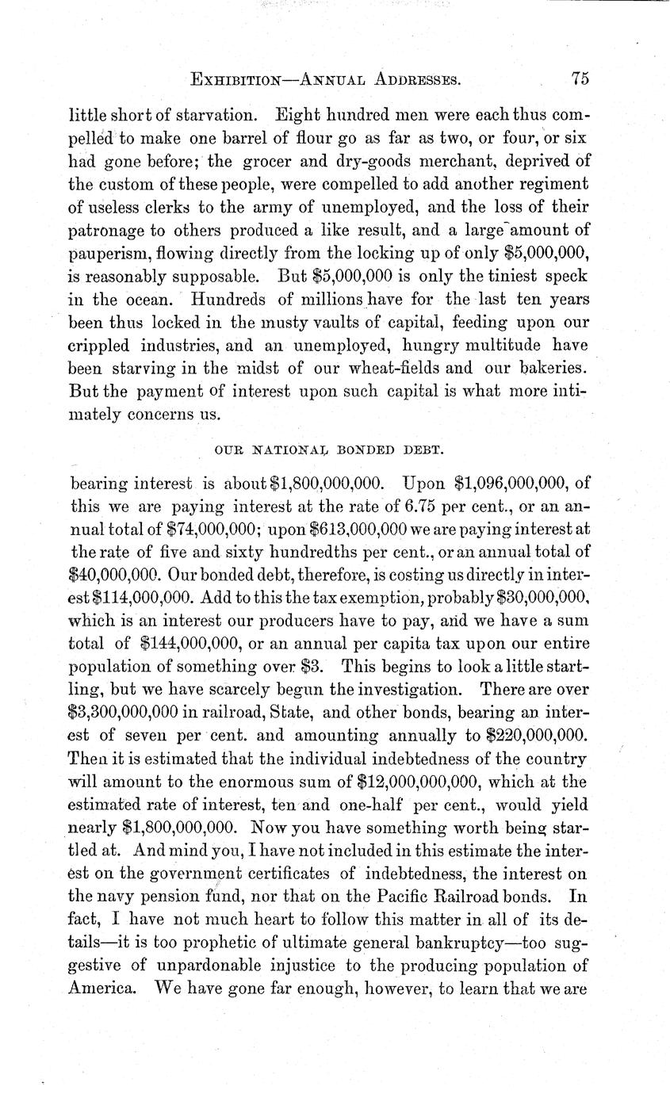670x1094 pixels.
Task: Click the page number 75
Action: (x=578, y=78)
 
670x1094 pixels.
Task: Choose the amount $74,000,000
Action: (x=188, y=527)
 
